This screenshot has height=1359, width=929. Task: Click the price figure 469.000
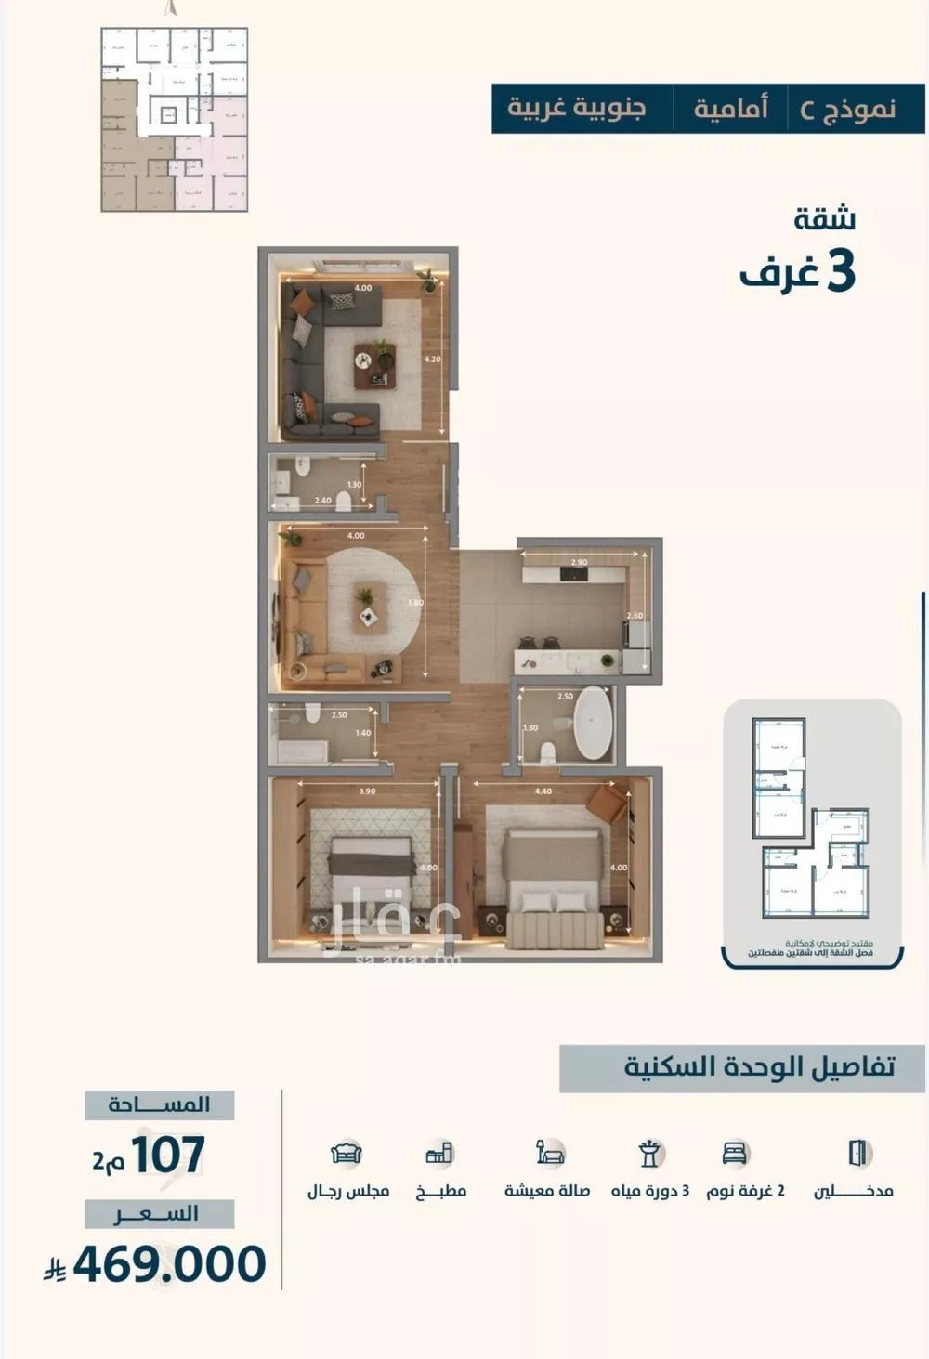169,1264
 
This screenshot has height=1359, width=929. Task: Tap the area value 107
167,1155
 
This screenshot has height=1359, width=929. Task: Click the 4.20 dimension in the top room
432,358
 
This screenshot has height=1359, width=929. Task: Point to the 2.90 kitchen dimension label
579,563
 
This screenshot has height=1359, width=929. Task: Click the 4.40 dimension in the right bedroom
543,791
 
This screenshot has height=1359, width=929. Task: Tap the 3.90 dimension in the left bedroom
367,791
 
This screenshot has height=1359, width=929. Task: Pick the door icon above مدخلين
858,1153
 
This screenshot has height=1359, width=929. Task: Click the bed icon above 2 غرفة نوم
735,1153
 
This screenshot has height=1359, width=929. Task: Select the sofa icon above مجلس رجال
347,1153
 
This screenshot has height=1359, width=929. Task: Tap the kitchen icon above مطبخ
439,1153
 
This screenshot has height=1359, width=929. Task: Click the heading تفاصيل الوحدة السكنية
759,1066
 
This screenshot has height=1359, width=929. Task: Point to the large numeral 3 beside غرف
839,270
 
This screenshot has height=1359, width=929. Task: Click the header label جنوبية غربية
576,109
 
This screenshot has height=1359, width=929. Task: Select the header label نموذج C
847,109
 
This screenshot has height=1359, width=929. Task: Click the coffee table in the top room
374,365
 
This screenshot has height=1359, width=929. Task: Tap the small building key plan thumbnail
174,120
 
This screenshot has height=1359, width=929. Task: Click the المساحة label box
159,1104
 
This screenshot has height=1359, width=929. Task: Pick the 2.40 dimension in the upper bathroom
322,501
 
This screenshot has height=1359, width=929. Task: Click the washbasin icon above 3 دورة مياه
650,1153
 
